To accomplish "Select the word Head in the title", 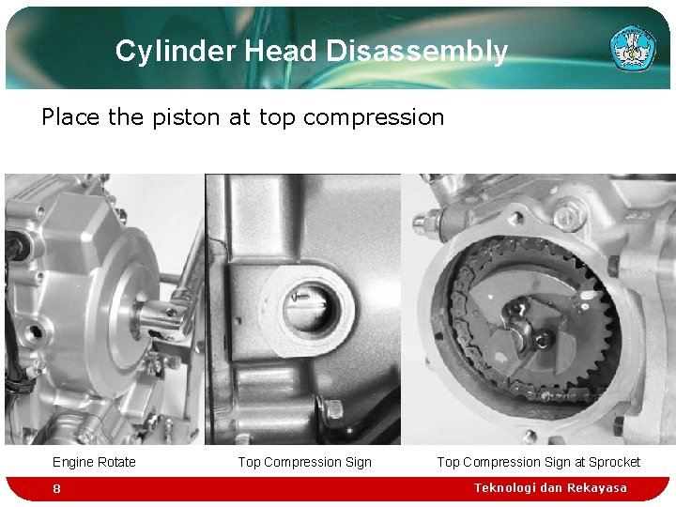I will (x=281, y=52).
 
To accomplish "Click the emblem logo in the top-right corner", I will (x=633, y=48).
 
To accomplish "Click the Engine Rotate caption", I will (x=94, y=462).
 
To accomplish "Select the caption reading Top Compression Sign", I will (x=304, y=462).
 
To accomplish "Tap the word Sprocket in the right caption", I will (x=614, y=462).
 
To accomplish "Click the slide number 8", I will (x=57, y=489).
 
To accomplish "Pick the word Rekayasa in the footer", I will (x=595, y=488).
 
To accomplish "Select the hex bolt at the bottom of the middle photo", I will (x=332, y=410).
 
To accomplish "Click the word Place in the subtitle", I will (x=69, y=117).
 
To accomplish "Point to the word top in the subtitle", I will (x=277, y=117).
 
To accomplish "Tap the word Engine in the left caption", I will (x=74, y=462).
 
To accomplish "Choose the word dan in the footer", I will (x=551, y=488).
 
